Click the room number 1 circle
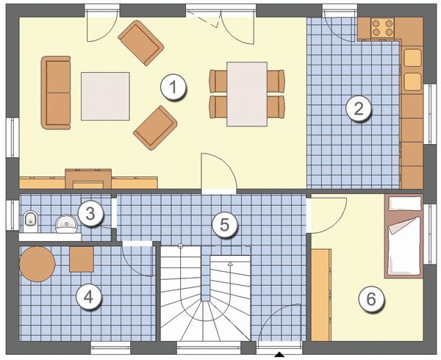coord(173,87)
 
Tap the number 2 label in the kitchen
coord(359,109)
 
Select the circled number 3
coord(90,214)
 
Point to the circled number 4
coord(89,297)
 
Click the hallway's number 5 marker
coord(224,225)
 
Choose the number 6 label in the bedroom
coord(371,299)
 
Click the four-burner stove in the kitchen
coord(382,27)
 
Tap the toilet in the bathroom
coord(30,221)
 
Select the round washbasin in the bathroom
coord(66,224)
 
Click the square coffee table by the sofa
coord(105,96)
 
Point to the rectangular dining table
coord(247,94)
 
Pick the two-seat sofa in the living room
coord(56,93)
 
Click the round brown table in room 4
coord(37,264)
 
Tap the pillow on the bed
coord(405,204)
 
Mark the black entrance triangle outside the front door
coord(279,354)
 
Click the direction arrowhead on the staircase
coord(230,264)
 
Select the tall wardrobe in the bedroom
coord(321,295)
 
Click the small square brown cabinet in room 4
coord(82,259)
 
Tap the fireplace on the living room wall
coord(88,179)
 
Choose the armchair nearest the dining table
coord(155,128)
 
